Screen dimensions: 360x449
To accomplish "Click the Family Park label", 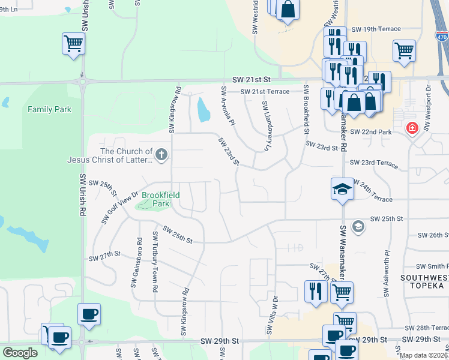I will point(49,109).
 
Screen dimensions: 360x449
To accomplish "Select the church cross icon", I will point(161,155).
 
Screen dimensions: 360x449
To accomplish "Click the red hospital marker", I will point(412,127).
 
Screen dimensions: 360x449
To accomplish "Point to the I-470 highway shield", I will point(441,35).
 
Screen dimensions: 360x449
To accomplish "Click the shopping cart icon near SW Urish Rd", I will point(73,43).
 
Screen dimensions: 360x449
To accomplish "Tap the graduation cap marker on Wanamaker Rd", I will point(342,189).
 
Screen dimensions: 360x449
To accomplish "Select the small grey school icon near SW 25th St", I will point(358,226).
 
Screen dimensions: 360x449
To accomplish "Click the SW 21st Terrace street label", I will point(265,92).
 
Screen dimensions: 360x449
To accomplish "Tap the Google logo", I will point(20,353).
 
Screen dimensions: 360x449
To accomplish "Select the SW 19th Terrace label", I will point(375,29).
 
